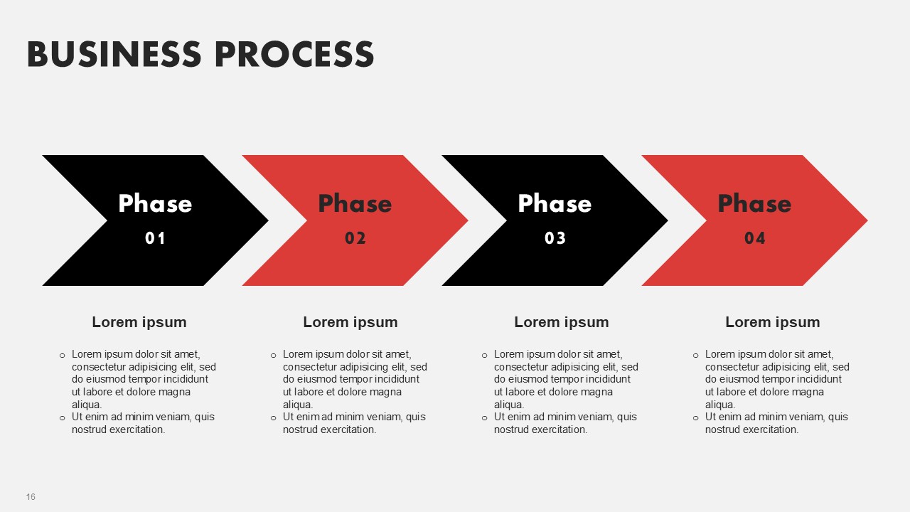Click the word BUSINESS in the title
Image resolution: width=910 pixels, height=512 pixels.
click(x=114, y=54)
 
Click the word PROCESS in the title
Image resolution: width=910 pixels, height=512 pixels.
click(x=294, y=54)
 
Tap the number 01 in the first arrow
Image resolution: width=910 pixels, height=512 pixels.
click(x=155, y=238)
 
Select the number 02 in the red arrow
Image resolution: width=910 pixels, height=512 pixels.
click(x=355, y=238)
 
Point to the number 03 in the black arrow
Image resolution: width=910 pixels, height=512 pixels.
click(x=555, y=238)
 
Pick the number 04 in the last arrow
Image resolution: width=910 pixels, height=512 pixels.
click(x=755, y=238)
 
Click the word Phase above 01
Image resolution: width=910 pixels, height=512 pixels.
click(x=155, y=203)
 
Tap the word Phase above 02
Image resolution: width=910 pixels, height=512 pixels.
click(x=355, y=203)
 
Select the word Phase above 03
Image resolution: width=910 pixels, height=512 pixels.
click(x=555, y=203)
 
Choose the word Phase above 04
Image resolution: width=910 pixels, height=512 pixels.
click(x=755, y=203)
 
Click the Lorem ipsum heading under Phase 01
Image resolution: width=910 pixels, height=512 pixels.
click(x=139, y=322)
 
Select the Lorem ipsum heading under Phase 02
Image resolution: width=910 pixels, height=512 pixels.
click(x=350, y=322)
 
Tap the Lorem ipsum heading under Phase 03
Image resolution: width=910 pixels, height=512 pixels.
click(x=562, y=322)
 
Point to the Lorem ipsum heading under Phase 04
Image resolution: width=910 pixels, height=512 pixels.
click(x=773, y=322)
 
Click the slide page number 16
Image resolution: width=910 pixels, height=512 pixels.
click(x=31, y=497)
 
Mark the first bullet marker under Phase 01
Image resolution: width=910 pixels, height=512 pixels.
click(x=62, y=356)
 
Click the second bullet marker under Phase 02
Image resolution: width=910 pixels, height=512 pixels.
click(x=274, y=418)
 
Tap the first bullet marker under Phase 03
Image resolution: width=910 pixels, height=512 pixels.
click(x=484, y=356)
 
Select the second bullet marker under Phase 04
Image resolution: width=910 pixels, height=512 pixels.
click(x=695, y=418)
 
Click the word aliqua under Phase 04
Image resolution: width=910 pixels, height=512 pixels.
click(x=719, y=405)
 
